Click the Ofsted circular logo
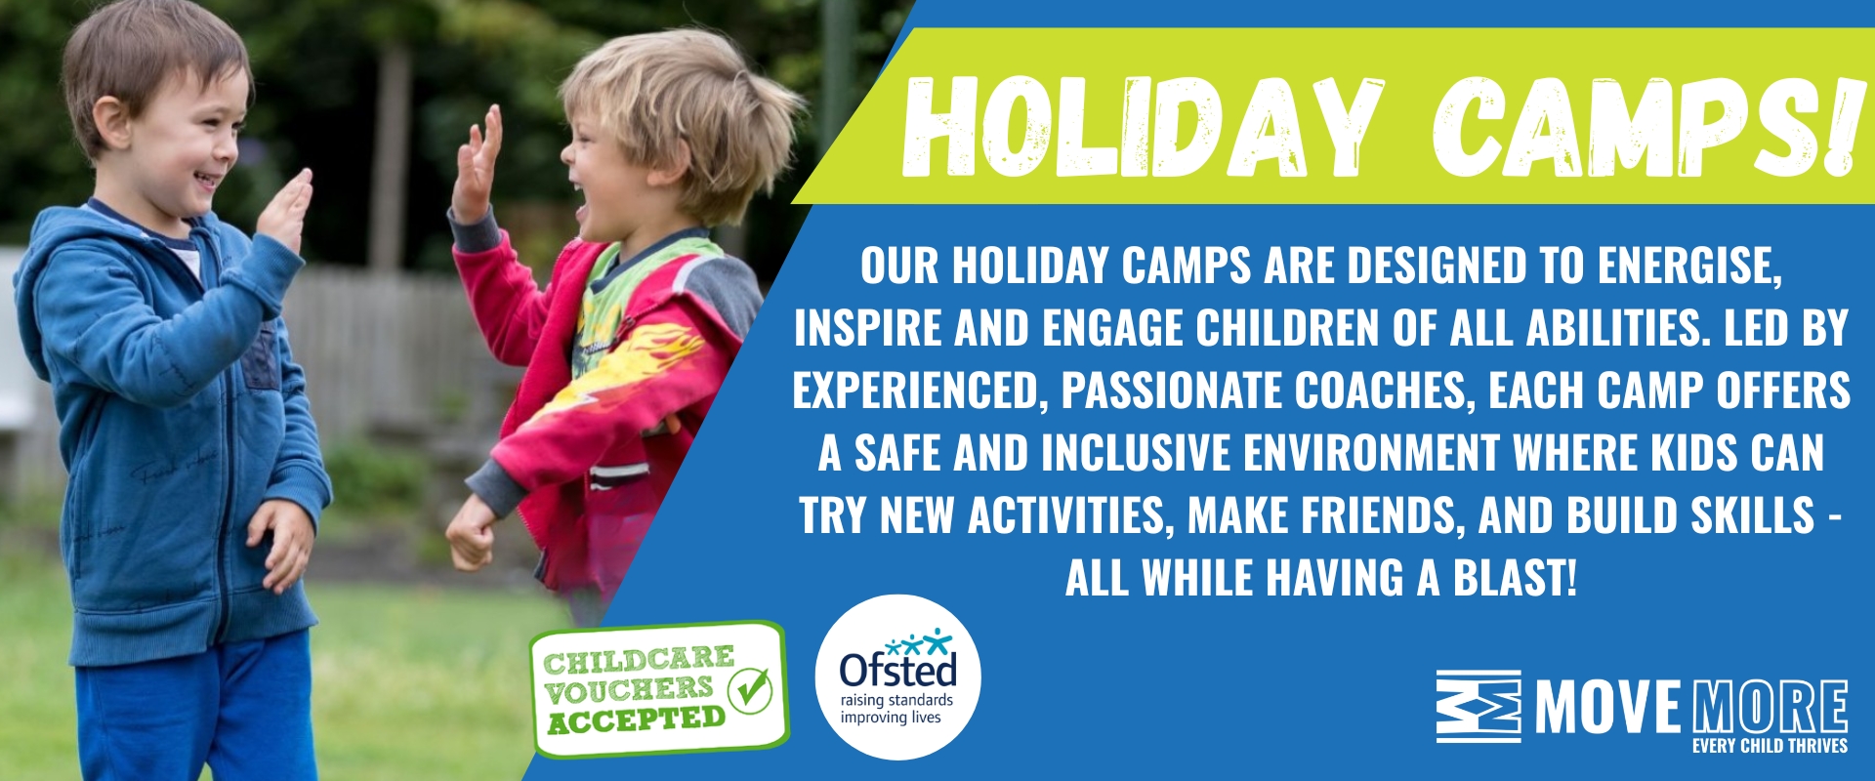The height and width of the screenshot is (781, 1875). [898, 678]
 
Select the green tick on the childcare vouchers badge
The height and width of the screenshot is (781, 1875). [751, 690]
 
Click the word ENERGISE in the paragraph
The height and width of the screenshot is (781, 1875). [1689, 266]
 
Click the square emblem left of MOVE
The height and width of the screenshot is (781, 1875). [1479, 707]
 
